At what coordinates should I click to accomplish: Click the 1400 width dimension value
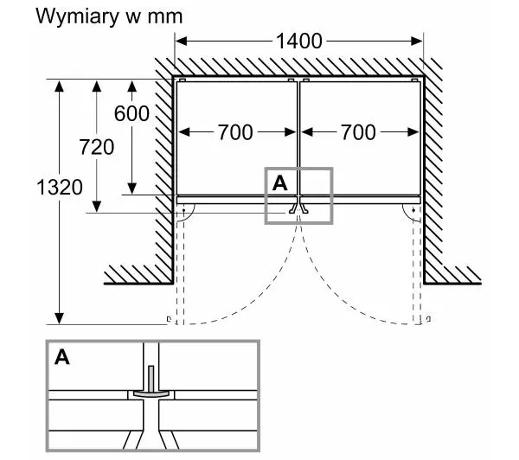click(299, 41)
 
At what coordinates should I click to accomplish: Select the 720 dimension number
click(97, 146)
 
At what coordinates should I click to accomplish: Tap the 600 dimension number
click(131, 113)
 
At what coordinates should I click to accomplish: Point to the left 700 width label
click(234, 131)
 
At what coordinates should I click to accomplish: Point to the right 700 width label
click(358, 131)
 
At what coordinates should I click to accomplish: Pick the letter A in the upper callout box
click(279, 182)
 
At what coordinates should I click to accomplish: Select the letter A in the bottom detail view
click(62, 357)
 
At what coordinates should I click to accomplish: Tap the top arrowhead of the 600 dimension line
click(131, 85)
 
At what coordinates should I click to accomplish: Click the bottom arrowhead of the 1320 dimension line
click(60, 317)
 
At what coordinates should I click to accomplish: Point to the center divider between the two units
click(299, 138)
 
